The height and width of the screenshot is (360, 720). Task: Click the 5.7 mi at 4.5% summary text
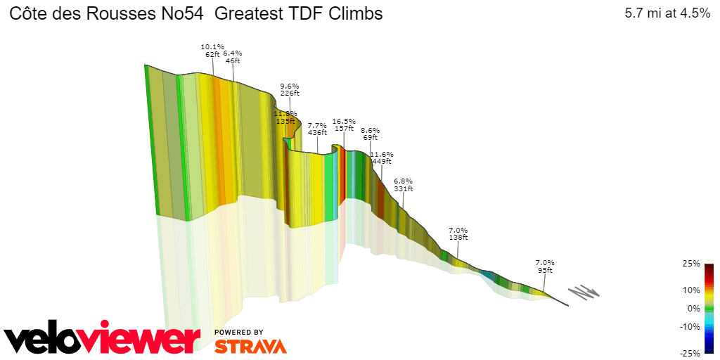(x=667, y=13)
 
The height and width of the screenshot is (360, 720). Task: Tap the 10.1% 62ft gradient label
(x=212, y=50)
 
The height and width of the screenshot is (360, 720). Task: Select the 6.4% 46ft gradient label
(x=233, y=57)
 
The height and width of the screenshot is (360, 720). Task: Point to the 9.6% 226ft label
(x=290, y=89)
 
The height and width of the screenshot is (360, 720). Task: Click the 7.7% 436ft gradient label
(x=317, y=129)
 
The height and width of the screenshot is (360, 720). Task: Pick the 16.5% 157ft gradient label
(x=344, y=124)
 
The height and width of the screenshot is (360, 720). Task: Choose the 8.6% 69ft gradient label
(x=371, y=134)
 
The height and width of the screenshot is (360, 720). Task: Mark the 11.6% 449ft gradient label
(x=382, y=157)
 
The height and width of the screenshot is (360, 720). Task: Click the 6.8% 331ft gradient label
(x=404, y=185)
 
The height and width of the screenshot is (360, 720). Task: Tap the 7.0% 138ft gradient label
(x=458, y=233)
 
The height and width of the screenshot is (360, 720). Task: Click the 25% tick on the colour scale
(x=692, y=264)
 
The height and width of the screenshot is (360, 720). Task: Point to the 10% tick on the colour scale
(x=692, y=290)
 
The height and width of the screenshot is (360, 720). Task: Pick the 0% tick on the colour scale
(x=694, y=308)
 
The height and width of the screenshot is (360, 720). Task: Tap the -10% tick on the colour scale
(x=690, y=326)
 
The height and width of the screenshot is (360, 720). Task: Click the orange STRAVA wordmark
(x=250, y=346)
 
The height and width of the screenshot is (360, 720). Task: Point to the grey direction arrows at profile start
(x=584, y=292)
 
